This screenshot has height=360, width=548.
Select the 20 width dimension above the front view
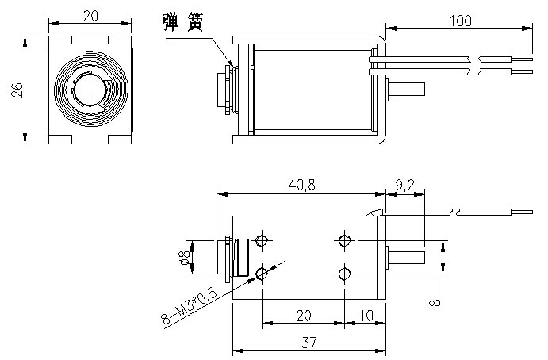point(90,16)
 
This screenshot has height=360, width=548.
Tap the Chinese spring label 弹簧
point(186,22)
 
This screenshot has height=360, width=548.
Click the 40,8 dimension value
point(301,185)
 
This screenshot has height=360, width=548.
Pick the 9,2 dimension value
point(404,185)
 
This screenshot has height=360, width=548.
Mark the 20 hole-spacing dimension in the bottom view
point(302,315)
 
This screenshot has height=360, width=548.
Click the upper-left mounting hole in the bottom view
point(263,240)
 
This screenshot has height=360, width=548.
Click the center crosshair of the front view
point(90,90)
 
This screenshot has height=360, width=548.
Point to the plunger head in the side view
point(219,90)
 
